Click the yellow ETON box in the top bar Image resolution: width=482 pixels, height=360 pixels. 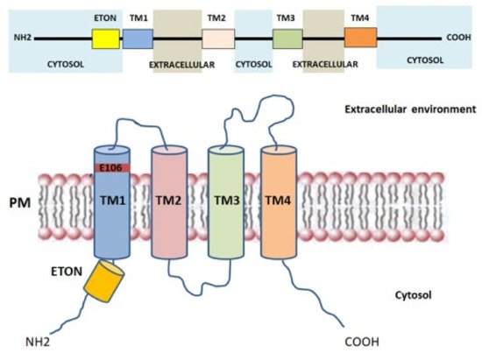click(x=105, y=38)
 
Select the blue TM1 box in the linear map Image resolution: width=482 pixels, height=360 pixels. click(x=138, y=38)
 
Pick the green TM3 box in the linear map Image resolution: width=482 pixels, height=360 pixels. click(x=287, y=38)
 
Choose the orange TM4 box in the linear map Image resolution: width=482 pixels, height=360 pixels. click(x=359, y=38)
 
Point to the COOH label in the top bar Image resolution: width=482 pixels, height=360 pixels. click(x=458, y=39)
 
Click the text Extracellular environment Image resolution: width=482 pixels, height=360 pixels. click(x=416, y=110)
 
